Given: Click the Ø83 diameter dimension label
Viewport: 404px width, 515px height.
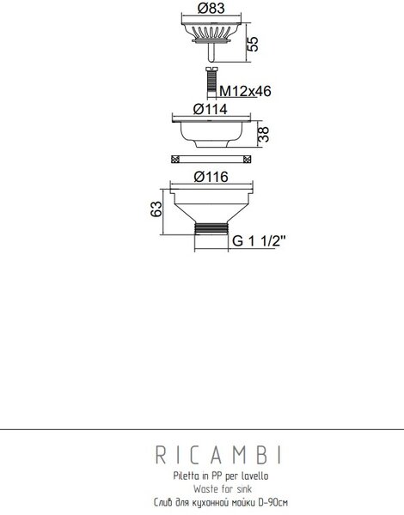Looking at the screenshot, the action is tap(211, 9).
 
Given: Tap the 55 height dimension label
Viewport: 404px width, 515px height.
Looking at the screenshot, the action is tap(253, 44).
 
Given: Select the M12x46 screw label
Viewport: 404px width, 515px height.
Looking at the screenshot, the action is tap(245, 91).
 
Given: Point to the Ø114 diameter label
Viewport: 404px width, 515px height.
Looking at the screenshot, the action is tap(211, 109).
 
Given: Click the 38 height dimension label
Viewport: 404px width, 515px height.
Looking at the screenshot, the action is tap(263, 135).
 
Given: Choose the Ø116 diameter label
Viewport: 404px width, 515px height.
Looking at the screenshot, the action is tap(211, 177).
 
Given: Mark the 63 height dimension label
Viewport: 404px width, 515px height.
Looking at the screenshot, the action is tap(156, 209).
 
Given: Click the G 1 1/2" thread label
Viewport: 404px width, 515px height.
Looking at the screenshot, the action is tap(259, 241).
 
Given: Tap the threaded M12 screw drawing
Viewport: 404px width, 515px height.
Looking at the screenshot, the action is tap(211, 82).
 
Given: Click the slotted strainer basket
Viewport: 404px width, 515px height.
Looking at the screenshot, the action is tap(211, 33).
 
